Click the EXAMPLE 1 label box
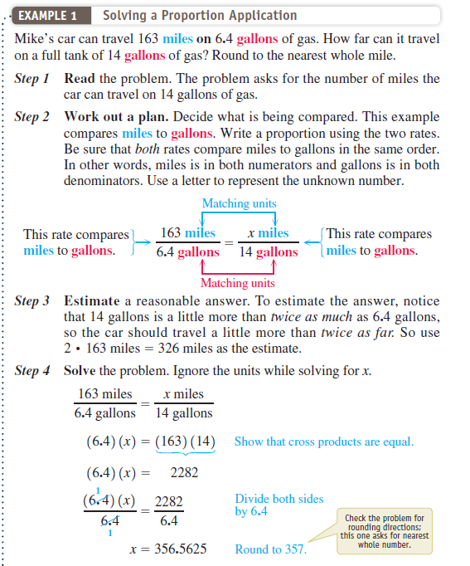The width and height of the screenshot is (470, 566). tap(51, 16)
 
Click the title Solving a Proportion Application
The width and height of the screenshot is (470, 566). tap(199, 16)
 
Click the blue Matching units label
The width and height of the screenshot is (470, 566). tap(239, 203)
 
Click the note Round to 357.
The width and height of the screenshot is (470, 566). tap(270, 549)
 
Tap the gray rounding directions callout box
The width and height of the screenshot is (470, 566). tap(385, 530)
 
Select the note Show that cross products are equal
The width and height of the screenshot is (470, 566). tap(323, 442)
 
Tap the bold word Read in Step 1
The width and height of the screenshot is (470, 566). tap(80, 78)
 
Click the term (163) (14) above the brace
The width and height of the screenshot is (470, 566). tap(184, 442)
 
